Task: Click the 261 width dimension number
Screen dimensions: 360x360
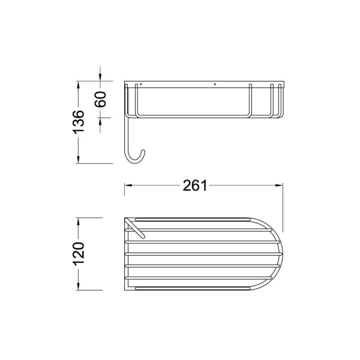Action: (x=195, y=185)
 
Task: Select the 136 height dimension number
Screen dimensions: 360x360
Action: (x=78, y=122)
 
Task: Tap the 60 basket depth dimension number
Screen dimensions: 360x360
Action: (x=100, y=99)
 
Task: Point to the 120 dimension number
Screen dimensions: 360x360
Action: (x=79, y=254)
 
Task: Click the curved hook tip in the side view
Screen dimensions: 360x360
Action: (x=143, y=151)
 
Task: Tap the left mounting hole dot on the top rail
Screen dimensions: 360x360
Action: (x=141, y=84)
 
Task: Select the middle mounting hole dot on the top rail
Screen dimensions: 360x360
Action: (x=215, y=84)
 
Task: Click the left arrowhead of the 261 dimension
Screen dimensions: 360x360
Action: (x=128, y=185)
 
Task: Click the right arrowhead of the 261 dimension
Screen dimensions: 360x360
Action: (x=279, y=185)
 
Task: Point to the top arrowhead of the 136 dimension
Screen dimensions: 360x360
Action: (x=78, y=85)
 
